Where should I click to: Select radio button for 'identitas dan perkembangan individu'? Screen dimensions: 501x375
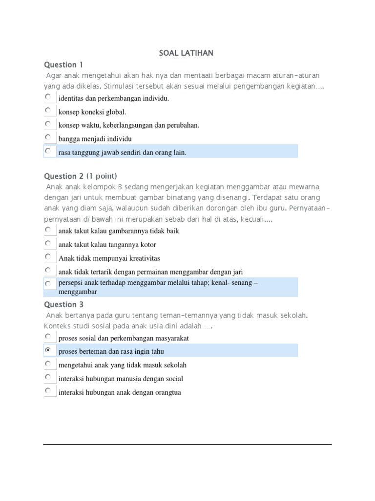pos(48,97)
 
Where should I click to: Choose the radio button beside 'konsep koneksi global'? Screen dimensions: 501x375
pos(48,111)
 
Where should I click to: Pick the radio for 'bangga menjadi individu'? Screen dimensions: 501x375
pos(48,137)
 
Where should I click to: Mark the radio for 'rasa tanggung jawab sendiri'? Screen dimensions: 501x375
pos(48,151)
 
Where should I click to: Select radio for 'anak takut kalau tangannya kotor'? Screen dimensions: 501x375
pos(48,243)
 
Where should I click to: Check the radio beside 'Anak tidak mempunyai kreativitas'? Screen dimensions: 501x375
pos(48,257)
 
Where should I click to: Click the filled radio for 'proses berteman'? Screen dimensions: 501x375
pos(48,350)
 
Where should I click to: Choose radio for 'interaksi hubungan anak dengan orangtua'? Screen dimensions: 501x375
pos(48,391)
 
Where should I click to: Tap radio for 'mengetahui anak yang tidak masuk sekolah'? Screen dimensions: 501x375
pos(48,364)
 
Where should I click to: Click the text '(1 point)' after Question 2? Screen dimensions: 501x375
pos(102,176)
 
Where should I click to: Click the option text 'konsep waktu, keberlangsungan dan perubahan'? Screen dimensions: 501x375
pos(128,125)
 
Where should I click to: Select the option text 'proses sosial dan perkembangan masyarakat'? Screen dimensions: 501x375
pos(123,338)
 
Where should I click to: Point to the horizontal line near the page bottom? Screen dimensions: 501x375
pos(187,444)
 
